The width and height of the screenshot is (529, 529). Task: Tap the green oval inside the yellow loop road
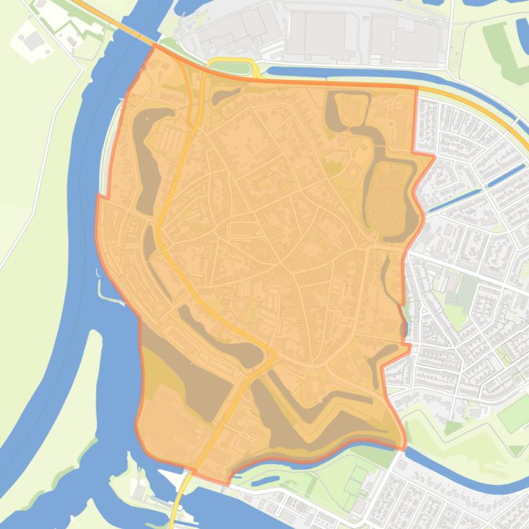(232, 68)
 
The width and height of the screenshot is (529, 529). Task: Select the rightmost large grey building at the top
(404, 38)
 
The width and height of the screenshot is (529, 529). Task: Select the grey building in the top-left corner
(32, 41)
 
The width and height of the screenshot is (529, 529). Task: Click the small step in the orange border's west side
(103, 197)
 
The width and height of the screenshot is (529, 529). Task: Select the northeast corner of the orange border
(417, 88)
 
